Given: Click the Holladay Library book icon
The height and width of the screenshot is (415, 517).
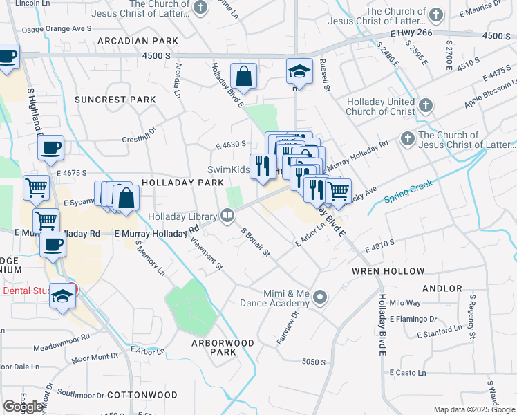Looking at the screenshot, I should [227, 216].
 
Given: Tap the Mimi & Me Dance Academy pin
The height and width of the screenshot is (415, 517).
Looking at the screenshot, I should [319, 298].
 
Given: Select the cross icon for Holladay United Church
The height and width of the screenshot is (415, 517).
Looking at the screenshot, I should [426, 106].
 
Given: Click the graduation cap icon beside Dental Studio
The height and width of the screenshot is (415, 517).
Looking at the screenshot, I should [62, 295].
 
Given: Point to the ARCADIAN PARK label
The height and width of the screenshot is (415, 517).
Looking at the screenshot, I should [138, 41].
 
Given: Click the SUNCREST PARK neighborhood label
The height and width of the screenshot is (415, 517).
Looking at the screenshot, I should [115, 100].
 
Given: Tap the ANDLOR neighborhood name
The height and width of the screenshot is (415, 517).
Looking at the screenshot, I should [442, 288].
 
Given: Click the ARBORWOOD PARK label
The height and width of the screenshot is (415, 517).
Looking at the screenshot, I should [223, 347].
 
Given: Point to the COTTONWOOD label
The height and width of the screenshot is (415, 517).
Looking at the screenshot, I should [148, 395].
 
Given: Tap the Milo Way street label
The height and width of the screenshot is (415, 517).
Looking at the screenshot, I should [405, 303].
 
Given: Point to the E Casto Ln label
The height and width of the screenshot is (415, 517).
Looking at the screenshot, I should [408, 373].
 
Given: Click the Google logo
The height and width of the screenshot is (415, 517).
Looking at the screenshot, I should [23, 407].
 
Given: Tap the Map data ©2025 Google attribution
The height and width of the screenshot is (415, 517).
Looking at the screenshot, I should [473, 409].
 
